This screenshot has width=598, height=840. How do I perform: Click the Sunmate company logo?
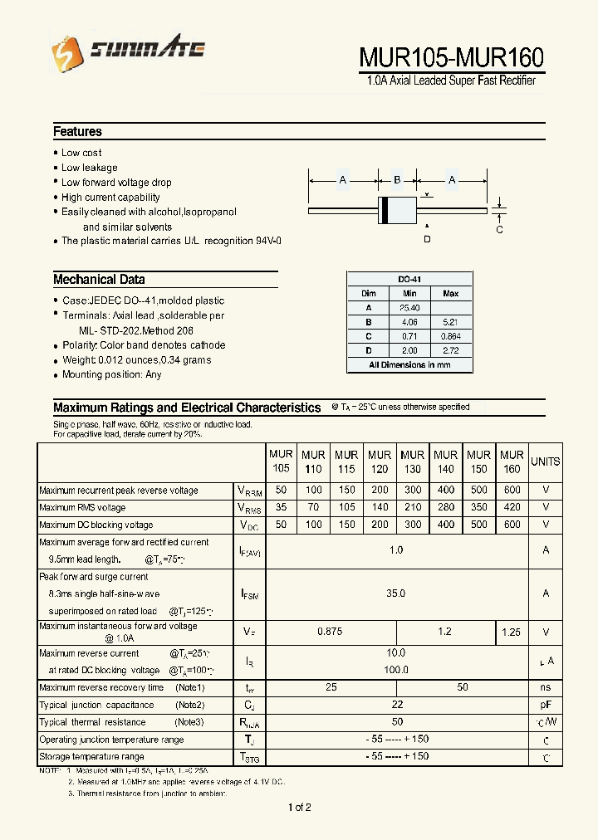(128, 52)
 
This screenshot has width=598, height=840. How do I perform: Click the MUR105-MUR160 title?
(452, 57)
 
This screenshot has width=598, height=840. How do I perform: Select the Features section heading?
(77, 131)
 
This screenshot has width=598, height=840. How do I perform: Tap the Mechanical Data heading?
(99, 280)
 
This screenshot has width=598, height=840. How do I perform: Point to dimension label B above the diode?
(397, 180)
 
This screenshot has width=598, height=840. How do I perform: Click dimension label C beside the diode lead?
(499, 230)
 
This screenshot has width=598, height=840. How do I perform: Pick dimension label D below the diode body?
(428, 240)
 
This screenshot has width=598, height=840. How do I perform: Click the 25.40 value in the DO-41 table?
(409, 308)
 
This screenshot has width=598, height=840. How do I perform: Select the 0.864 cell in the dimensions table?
(450, 336)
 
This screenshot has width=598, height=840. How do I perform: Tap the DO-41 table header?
(409, 280)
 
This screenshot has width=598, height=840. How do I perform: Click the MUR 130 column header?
(412, 462)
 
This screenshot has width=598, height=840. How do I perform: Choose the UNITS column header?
(546, 462)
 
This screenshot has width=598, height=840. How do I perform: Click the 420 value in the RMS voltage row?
(512, 507)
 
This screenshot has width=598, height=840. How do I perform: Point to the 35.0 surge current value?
(396, 593)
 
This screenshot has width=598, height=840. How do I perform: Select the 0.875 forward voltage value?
(330, 632)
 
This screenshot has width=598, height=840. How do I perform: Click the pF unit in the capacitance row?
(546, 705)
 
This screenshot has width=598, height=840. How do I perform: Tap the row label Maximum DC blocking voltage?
(96, 525)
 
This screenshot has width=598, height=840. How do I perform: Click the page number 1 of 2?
(299, 808)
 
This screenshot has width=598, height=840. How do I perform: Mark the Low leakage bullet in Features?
(89, 168)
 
